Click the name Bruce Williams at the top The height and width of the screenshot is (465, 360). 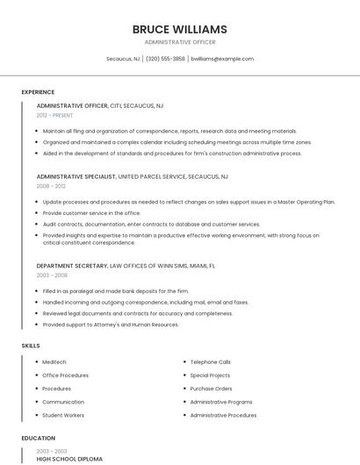(x=179, y=29)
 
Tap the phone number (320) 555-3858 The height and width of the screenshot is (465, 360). (x=165, y=59)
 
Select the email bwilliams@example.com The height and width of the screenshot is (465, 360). (x=222, y=59)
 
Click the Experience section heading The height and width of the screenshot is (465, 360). (x=38, y=92)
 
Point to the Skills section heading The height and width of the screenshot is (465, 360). (x=31, y=346)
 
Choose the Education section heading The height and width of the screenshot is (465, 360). (x=38, y=438)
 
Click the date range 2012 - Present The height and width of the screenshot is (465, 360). (x=54, y=115)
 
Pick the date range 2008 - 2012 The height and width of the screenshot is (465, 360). (x=51, y=186)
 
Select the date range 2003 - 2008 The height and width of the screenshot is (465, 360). (x=51, y=275)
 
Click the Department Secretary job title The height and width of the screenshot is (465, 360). (x=71, y=265)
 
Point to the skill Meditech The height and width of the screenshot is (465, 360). (x=54, y=361)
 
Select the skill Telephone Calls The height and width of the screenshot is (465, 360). (x=211, y=361)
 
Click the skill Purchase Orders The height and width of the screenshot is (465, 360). (x=211, y=389)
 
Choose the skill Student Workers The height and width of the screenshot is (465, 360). (x=63, y=415)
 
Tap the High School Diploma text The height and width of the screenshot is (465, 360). (x=69, y=459)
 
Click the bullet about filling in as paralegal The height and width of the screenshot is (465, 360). (x=115, y=291)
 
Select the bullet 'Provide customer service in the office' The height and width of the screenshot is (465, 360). (x=91, y=212)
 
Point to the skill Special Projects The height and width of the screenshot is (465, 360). (x=210, y=375)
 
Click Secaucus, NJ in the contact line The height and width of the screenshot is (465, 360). (x=123, y=59)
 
